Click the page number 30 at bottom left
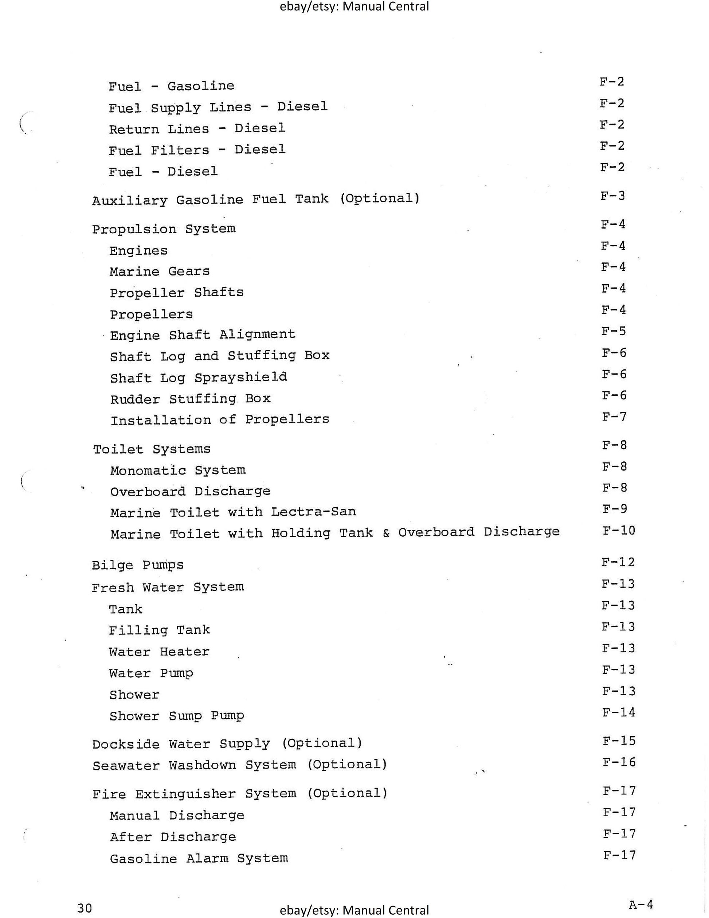[85, 905]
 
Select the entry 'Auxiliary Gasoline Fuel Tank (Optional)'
[255, 199]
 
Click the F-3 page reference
[612, 195]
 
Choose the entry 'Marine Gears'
[160, 272]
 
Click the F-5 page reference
[614, 331]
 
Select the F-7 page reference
[614, 417]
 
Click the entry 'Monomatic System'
[178, 470]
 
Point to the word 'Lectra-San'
[313, 512]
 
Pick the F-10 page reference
[619, 531]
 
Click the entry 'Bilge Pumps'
[138, 565]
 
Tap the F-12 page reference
[618, 562]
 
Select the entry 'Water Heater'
[159, 652]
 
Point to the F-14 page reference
[619, 712]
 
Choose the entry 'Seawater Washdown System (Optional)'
[240, 765]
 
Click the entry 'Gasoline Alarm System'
[199, 858]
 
